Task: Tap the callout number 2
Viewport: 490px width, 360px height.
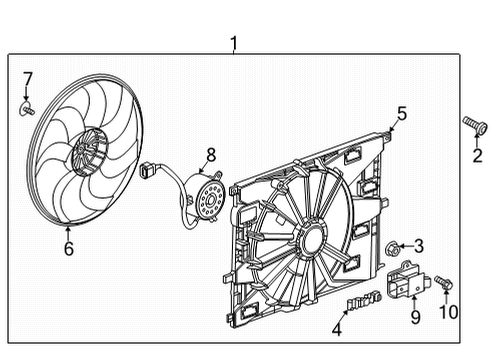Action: [477, 155]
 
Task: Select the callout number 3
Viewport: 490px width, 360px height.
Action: [418, 245]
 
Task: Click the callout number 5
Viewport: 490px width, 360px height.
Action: [401, 114]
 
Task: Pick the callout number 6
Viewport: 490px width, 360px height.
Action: [68, 248]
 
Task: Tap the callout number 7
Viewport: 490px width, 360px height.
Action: [28, 78]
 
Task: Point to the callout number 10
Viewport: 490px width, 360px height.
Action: [449, 312]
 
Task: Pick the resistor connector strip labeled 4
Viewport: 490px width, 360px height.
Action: [363, 299]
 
